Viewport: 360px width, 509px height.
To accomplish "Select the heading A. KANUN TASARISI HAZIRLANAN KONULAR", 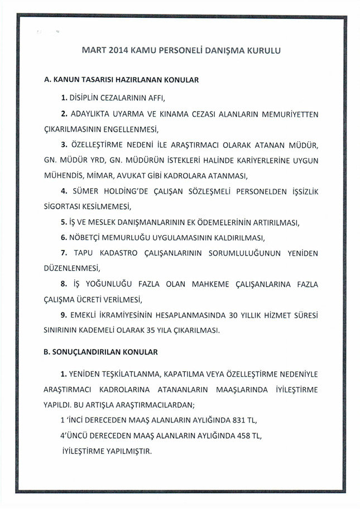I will pos(122,80).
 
